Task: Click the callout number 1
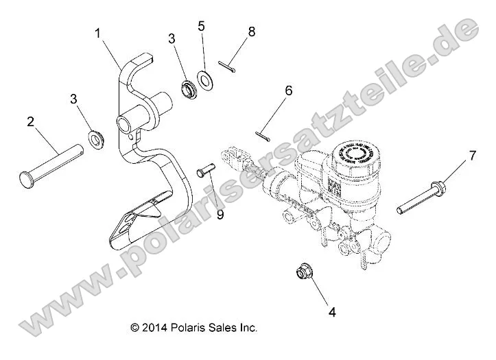pyautogui.click(x=98, y=32)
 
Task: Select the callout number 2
pyautogui.click(x=30, y=123)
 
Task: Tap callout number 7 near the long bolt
pyautogui.click(x=471, y=157)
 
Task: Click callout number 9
pyautogui.click(x=220, y=214)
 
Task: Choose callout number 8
pyautogui.click(x=252, y=31)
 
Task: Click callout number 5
pyautogui.click(x=201, y=27)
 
